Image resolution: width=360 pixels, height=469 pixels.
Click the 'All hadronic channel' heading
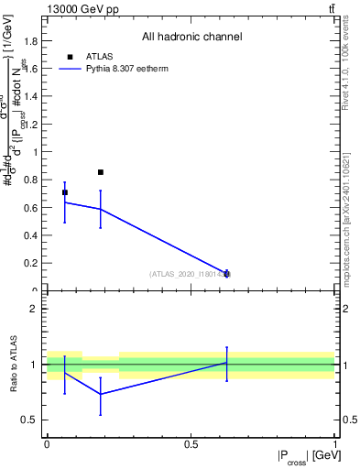tap(191, 38)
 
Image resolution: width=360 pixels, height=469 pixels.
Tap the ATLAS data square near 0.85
tap(101, 172)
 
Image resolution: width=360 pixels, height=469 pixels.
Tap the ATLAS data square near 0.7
tap(64, 192)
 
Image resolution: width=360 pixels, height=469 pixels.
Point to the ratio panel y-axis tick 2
tap(32, 309)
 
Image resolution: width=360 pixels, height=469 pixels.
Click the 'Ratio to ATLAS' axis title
tap(15, 365)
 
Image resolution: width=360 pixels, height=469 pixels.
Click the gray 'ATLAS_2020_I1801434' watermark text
tap(190, 274)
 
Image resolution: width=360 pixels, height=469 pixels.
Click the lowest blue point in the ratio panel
tap(101, 394)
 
